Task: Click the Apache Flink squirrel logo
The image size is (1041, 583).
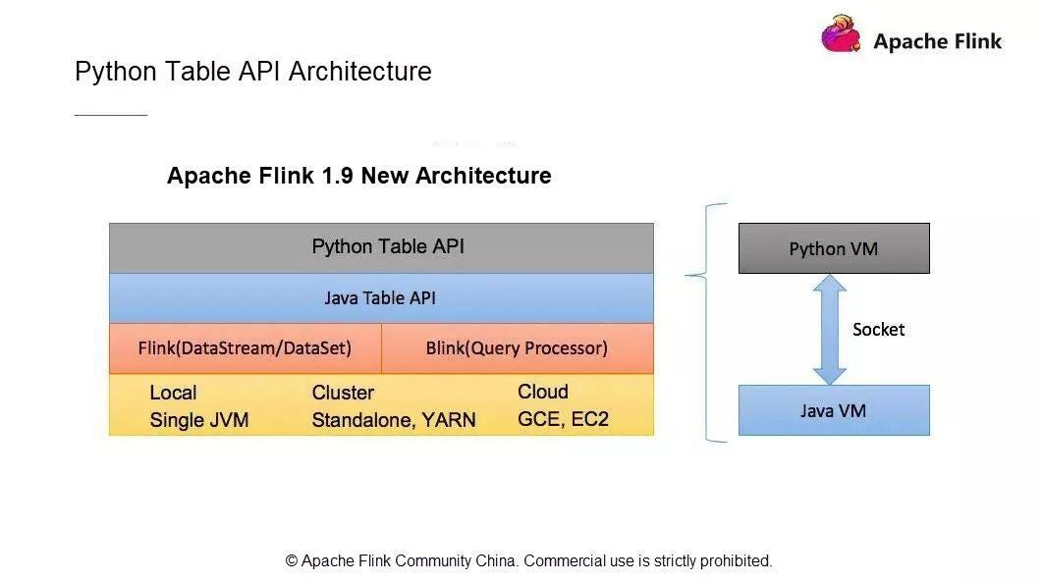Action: click(x=842, y=33)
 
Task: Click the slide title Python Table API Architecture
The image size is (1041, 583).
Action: click(x=253, y=71)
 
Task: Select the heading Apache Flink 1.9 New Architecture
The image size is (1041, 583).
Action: click(x=359, y=176)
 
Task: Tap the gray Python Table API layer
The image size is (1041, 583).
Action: click(x=381, y=248)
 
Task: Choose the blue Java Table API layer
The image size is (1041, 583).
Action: click(x=381, y=298)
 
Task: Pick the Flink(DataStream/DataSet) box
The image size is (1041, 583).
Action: click(x=245, y=348)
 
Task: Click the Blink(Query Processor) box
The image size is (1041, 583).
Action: click(x=518, y=348)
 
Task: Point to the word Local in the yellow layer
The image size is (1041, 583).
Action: click(x=173, y=393)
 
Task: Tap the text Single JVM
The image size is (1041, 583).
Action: click(x=199, y=420)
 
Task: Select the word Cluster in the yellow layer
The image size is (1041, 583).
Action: click(x=344, y=393)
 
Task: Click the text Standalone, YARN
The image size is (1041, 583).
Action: click(x=394, y=420)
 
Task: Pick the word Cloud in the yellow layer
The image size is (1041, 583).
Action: click(x=543, y=392)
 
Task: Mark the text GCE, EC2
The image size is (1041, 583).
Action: click(x=563, y=419)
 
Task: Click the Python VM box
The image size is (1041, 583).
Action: click(x=834, y=248)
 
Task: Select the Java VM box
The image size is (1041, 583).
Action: click(x=834, y=410)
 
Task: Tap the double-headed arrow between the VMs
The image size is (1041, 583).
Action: click(x=829, y=330)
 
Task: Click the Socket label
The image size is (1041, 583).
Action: click(x=878, y=330)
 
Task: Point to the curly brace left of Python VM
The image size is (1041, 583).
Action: click(x=706, y=322)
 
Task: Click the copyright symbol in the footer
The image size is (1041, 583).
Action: click(x=292, y=561)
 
